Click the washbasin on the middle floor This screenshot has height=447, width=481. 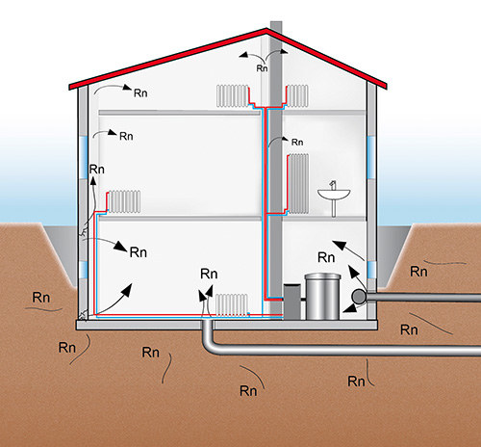(x=334, y=195)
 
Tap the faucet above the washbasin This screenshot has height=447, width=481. (x=333, y=185)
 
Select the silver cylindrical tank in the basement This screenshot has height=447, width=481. (x=322, y=297)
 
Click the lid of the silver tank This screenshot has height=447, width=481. (x=322, y=276)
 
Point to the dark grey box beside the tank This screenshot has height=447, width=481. (x=291, y=302)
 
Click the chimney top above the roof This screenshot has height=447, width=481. (x=276, y=26)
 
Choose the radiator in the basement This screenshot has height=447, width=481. (x=232, y=305)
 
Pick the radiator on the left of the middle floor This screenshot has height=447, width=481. (x=124, y=201)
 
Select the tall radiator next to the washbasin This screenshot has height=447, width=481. (x=298, y=184)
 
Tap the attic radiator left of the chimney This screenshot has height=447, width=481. (x=233, y=95)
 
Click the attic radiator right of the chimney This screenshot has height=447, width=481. (x=297, y=95)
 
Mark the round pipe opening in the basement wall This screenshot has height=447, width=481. (x=358, y=297)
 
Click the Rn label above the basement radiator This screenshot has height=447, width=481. (x=209, y=274)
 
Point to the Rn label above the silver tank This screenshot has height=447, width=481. (x=326, y=257)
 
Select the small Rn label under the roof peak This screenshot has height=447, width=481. (x=262, y=68)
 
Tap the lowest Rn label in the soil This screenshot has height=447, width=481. (x=248, y=391)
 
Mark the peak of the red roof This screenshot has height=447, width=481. (x=266, y=30)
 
